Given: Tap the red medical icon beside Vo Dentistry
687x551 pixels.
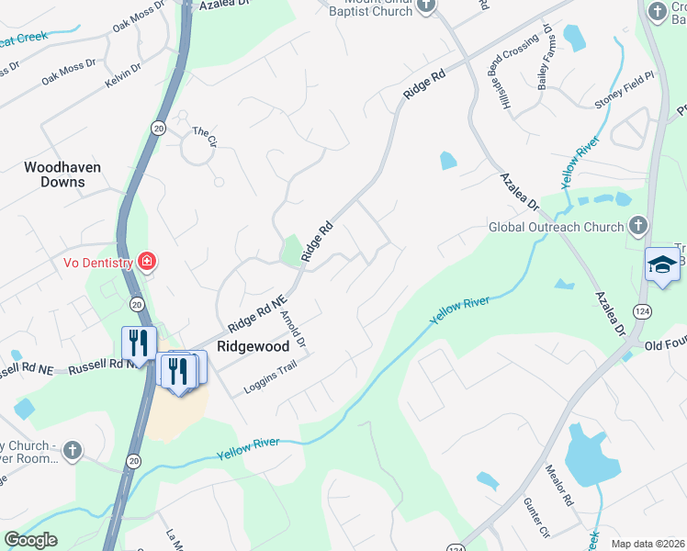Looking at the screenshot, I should coord(146,263).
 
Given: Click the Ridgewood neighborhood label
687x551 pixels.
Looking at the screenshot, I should coord(253,347).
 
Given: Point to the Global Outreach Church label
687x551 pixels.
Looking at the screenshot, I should coord(556,227).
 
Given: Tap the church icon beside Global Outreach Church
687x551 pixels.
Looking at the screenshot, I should coord(638,226).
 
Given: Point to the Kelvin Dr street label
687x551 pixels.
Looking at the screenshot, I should coord(123,73).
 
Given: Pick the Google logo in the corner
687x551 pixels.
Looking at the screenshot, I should coord(30,540).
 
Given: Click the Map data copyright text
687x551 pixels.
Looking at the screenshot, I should coord(648,543).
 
